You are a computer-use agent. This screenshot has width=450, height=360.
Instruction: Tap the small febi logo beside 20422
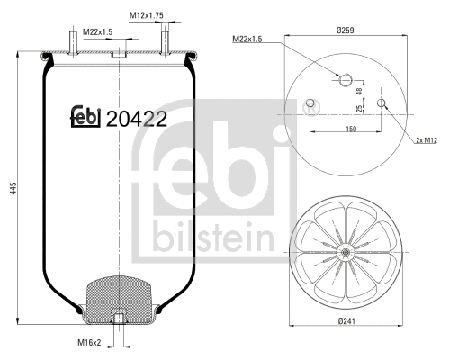pos(85,117)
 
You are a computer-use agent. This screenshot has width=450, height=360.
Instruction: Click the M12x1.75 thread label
pos(145,15)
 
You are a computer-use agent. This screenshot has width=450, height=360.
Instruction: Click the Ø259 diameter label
pos(346,31)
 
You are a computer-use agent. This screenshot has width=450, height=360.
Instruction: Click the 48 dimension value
pos(361,91)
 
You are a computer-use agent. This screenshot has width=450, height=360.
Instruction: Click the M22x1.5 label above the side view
pos(98,33)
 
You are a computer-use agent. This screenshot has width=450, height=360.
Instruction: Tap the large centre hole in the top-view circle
pos(346,81)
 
